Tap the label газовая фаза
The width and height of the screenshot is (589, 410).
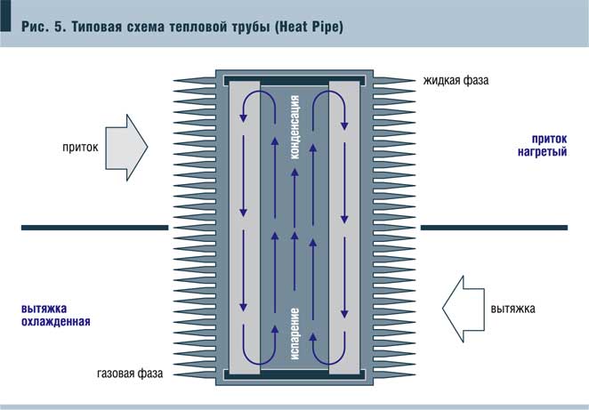point(131,374)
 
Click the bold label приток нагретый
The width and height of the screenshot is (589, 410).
point(545,145)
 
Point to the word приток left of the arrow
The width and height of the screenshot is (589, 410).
point(81,143)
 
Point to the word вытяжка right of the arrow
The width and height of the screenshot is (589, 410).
point(513,310)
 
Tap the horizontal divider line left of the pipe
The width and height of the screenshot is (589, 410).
point(94,229)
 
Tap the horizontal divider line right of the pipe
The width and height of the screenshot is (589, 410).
point(493,229)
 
